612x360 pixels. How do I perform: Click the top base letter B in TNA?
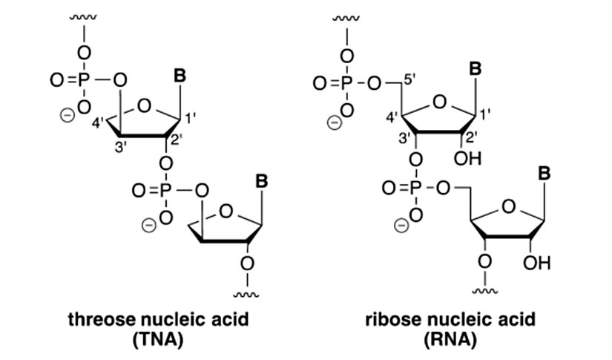pyautogui.click(x=179, y=75)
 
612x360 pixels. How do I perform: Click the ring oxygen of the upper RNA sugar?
pyautogui.click(x=439, y=102)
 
